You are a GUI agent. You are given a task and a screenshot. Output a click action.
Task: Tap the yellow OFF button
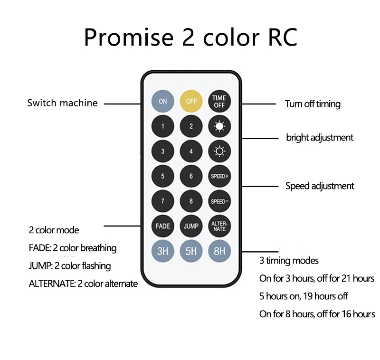(191, 101)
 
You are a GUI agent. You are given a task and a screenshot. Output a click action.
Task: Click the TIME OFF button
(219, 101)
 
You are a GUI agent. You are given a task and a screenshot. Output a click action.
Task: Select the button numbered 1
(163, 126)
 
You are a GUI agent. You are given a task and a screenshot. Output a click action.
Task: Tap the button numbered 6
(191, 176)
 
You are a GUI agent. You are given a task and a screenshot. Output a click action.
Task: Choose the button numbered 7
(163, 201)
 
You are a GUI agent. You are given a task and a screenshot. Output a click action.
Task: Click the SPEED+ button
(219, 176)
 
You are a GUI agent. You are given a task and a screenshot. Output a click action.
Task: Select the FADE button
(163, 226)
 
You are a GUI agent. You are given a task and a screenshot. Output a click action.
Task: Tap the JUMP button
(191, 226)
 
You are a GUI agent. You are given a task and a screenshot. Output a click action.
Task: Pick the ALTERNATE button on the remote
(219, 226)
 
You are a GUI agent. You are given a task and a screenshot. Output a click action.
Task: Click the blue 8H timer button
(219, 251)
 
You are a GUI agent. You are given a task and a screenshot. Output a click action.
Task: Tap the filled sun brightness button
(219, 126)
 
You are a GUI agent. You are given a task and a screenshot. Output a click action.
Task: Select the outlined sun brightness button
(219, 152)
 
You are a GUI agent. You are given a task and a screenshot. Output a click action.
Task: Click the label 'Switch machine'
(62, 103)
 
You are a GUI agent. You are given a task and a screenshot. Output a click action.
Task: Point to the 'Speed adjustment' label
(320, 186)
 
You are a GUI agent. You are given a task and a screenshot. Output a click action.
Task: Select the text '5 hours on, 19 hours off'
(304, 296)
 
